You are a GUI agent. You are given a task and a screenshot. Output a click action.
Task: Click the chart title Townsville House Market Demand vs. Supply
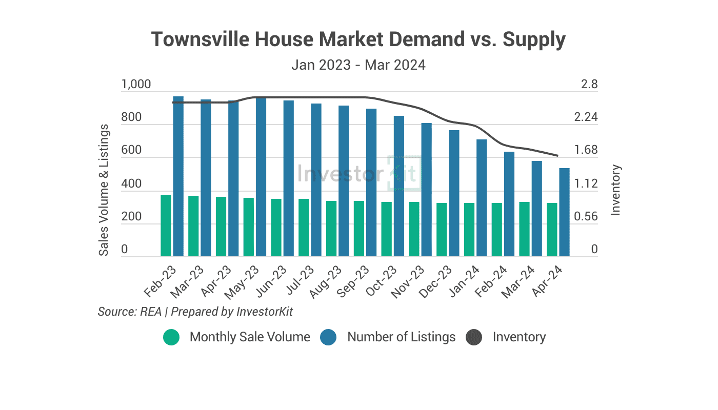[358, 39]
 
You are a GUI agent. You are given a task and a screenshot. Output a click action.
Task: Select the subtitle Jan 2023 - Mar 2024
[358, 65]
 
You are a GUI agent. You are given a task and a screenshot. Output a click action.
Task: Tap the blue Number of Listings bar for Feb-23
[178, 176]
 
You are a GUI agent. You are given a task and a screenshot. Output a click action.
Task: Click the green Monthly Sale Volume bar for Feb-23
[166, 225]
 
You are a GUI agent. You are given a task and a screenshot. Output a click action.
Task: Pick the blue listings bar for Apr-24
[564, 212]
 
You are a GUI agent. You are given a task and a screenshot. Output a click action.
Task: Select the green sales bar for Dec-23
[442, 230]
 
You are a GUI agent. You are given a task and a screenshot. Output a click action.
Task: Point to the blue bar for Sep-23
[371, 182]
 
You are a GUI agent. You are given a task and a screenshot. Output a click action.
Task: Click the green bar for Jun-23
[276, 228]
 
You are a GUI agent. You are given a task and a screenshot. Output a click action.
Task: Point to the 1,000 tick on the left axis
[136, 84]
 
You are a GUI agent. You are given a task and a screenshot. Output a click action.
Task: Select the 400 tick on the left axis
[131, 183]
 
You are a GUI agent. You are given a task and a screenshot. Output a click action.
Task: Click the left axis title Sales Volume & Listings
[104, 190]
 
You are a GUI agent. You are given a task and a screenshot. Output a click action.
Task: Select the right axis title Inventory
[616, 190]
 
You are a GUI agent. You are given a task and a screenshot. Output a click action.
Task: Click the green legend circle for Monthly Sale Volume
[171, 337]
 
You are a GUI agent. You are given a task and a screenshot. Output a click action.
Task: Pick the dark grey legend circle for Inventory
[474, 337]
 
